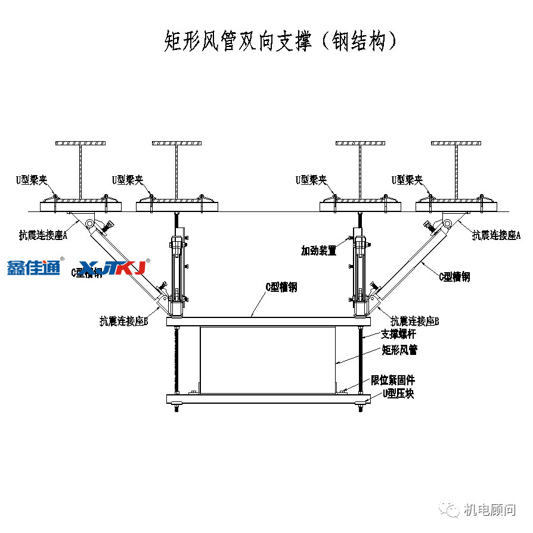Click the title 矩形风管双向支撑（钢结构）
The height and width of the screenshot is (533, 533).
point(280,42)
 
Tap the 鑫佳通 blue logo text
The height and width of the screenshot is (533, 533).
point(34,268)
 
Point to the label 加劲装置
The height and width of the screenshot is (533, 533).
point(318,251)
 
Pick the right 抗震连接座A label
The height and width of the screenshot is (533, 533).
point(496,235)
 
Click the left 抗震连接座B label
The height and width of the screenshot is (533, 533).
point(123,322)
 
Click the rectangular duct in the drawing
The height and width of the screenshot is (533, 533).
point(268,360)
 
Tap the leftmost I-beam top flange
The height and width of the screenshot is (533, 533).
point(80,144)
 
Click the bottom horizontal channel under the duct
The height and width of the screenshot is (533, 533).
point(268,398)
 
